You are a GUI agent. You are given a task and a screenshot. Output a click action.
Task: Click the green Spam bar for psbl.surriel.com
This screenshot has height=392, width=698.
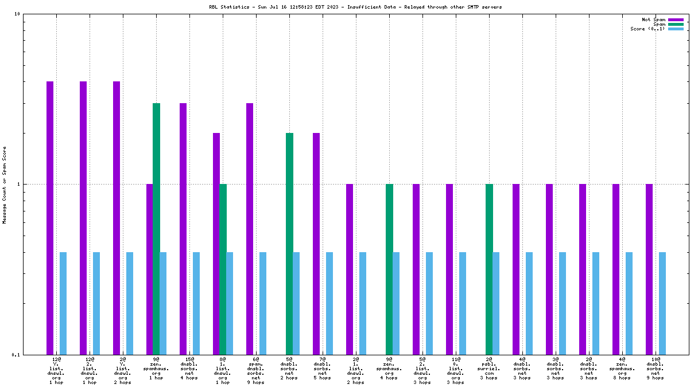tap(489, 269)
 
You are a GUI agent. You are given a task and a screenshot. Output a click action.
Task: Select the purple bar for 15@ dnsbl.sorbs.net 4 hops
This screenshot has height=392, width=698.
tap(183, 229)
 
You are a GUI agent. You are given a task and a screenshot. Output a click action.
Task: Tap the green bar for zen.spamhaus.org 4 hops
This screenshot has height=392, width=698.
tap(389, 269)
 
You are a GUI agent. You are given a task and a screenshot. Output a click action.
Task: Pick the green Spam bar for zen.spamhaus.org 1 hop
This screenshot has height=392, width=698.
tap(156, 229)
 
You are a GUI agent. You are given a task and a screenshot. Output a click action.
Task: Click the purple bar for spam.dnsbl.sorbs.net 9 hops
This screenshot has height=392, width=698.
tap(250, 229)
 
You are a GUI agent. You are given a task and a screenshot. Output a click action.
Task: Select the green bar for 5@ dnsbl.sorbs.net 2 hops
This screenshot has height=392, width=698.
tap(289, 244)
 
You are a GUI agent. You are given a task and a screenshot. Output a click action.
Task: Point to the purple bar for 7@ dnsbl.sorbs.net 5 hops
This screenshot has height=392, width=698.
tap(316, 244)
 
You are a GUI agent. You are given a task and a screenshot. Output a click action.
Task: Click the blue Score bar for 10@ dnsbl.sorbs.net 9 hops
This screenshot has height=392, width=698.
tap(662, 303)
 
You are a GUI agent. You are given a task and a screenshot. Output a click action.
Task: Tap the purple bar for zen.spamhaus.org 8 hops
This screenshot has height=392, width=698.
tap(616, 269)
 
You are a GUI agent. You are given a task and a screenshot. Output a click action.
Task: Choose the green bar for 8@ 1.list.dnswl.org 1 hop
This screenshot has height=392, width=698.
tap(223, 269)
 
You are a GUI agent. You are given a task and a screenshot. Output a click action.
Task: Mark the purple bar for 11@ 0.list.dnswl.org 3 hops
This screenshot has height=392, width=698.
tap(449, 269)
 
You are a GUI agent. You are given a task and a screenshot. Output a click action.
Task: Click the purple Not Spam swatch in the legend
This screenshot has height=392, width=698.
tap(676, 19)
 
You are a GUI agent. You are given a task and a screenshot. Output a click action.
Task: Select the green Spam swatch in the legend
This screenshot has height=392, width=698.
tap(676, 24)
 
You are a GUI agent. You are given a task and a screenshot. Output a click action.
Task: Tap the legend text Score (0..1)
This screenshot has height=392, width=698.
tap(647, 29)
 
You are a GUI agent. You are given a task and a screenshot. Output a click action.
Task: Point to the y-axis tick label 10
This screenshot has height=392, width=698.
tap(17, 14)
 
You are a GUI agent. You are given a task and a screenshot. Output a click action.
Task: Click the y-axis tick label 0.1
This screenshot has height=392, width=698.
tap(15, 355)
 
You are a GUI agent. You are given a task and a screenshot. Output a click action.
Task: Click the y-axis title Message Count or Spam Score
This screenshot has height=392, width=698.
tap(5, 185)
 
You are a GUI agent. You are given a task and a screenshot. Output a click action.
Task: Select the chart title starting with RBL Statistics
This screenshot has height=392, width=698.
tap(355, 7)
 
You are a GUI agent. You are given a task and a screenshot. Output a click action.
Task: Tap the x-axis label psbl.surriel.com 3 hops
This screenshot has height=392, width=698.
tap(489, 368)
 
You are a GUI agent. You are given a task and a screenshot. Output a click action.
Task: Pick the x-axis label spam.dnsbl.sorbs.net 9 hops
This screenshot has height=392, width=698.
tap(256, 368)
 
